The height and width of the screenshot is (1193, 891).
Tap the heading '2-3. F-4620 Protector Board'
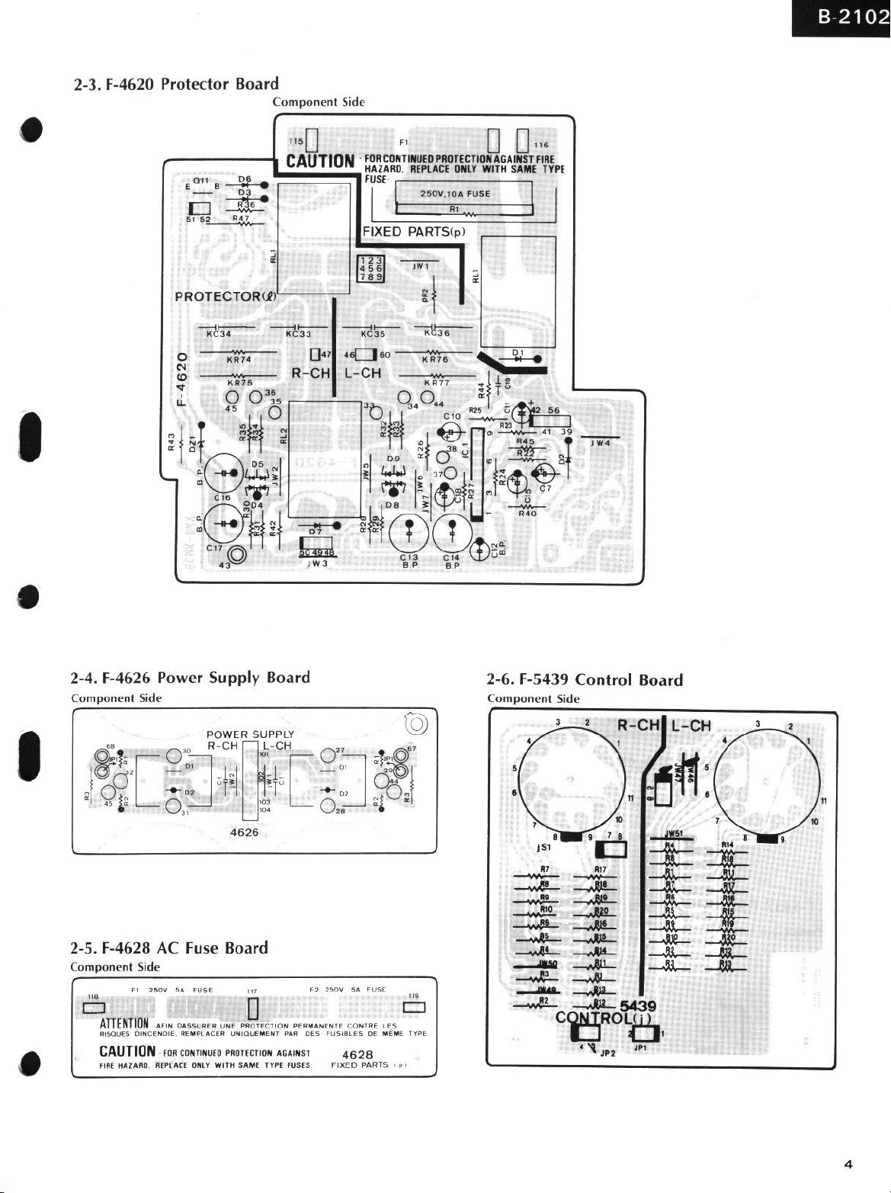click(176, 84)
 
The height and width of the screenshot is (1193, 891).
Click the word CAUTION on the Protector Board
click(320, 161)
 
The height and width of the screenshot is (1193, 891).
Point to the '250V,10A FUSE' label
click(455, 194)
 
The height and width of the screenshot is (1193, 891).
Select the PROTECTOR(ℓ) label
click(225, 296)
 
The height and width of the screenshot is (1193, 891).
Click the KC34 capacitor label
click(219, 333)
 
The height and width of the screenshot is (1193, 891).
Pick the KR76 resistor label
click(435, 360)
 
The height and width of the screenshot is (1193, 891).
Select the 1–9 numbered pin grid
click(372, 268)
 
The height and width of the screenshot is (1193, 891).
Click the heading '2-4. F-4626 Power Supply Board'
click(191, 678)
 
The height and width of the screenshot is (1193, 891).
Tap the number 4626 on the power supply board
click(244, 832)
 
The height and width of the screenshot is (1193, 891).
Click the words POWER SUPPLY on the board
click(250, 734)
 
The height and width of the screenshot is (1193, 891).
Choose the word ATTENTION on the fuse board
click(124, 1023)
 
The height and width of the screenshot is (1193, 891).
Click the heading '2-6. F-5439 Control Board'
click(585, 680)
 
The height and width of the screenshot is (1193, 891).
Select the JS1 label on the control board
click(543, 847)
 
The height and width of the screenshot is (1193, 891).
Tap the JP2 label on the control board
click(607, 1053)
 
